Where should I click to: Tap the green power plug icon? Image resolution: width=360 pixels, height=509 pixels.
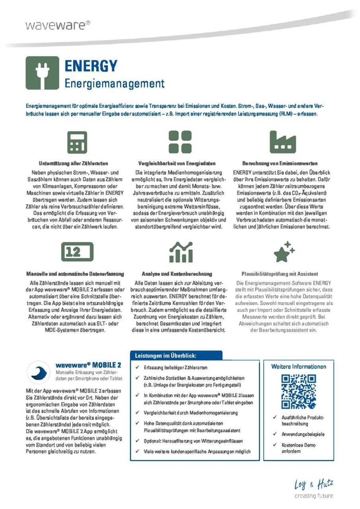(x=42, y=73)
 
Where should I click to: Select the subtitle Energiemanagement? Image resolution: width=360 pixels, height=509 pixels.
(x=115, y=84)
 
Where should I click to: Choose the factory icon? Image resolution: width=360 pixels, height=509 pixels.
(x=282, y=142)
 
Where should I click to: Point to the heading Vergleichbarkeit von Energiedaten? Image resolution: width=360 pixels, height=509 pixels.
(x=177, y=163)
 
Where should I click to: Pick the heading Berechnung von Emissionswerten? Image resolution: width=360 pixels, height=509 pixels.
(x=280, y=163)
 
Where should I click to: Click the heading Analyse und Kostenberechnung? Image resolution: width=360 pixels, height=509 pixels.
(x=177, y=274)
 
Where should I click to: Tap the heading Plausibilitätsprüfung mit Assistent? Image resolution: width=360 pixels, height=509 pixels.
(x=280, y=274)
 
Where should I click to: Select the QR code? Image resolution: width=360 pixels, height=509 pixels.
(x=298, y=392)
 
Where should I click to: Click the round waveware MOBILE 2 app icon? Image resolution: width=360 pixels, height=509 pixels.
(x=38, y=372)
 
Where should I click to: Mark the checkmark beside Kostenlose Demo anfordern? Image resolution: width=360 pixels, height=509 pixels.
(x=275, y=445)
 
